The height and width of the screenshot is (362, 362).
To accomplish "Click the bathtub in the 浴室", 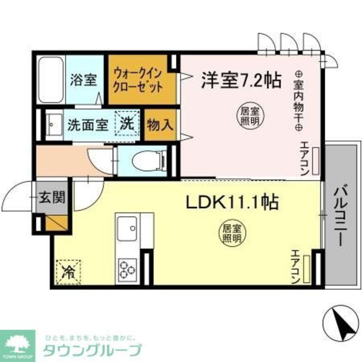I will click(51, 80).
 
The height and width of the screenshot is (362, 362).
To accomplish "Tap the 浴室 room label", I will click(84, 80).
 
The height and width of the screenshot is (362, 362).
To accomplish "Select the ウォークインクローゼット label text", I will click(138, 80).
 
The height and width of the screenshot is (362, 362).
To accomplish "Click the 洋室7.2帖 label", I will click(241, 81).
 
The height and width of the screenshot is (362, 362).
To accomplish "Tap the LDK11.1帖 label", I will click(232, 203).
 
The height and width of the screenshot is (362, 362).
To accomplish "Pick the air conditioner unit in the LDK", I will click(307, 269).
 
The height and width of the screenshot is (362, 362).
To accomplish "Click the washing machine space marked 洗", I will click(127, 124).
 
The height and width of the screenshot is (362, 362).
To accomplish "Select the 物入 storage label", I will click(160, 125).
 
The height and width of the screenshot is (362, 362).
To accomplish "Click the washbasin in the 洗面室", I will click(53, 125).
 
